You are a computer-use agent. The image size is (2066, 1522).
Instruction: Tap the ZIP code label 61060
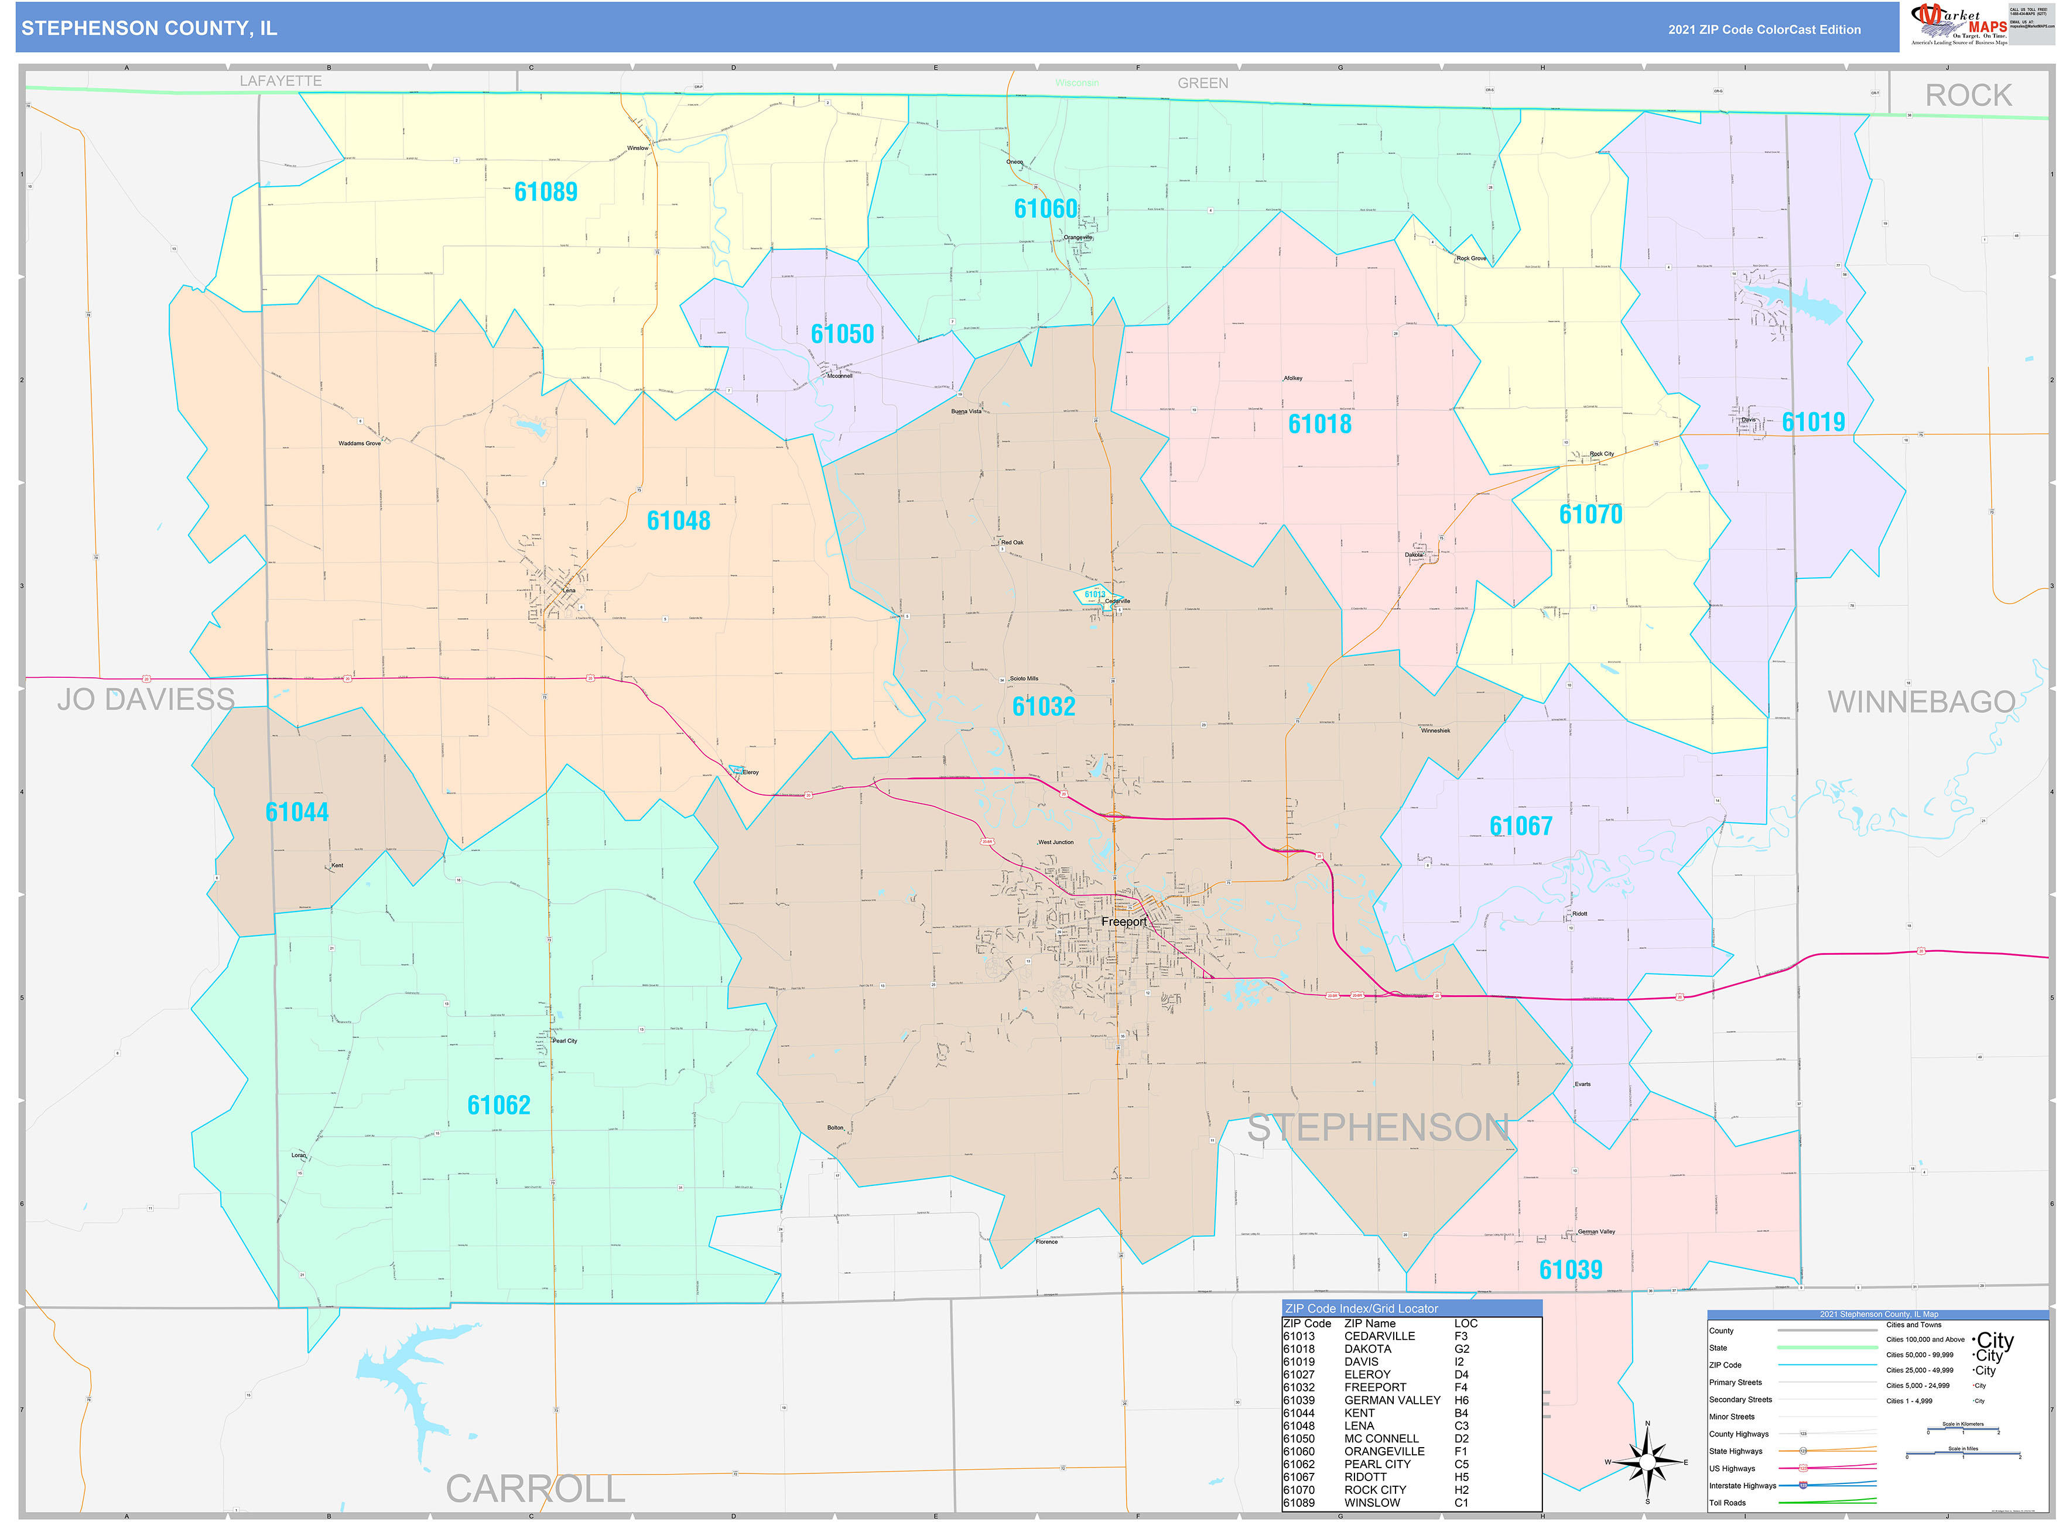pos(1045,209)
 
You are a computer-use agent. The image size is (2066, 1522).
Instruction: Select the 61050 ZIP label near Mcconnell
pos(842,334)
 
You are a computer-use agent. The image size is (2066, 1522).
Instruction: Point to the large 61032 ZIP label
pos(1043,707)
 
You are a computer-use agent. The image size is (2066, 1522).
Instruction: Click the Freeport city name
pos(1123,921)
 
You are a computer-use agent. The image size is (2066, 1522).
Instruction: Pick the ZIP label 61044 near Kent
pos(297,812)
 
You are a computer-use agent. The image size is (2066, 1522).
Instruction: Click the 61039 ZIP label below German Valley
pos(1570,1270)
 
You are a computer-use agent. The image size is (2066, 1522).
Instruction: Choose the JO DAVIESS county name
pos(146,700)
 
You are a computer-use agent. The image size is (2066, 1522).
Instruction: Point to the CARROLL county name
pos(535,1489)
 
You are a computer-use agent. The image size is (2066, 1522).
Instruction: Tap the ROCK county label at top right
pos(1968,96)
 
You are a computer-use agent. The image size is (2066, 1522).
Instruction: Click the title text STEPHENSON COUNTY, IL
pos(149,29)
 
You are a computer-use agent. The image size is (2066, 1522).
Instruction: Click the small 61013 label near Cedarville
pos(1094,594)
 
